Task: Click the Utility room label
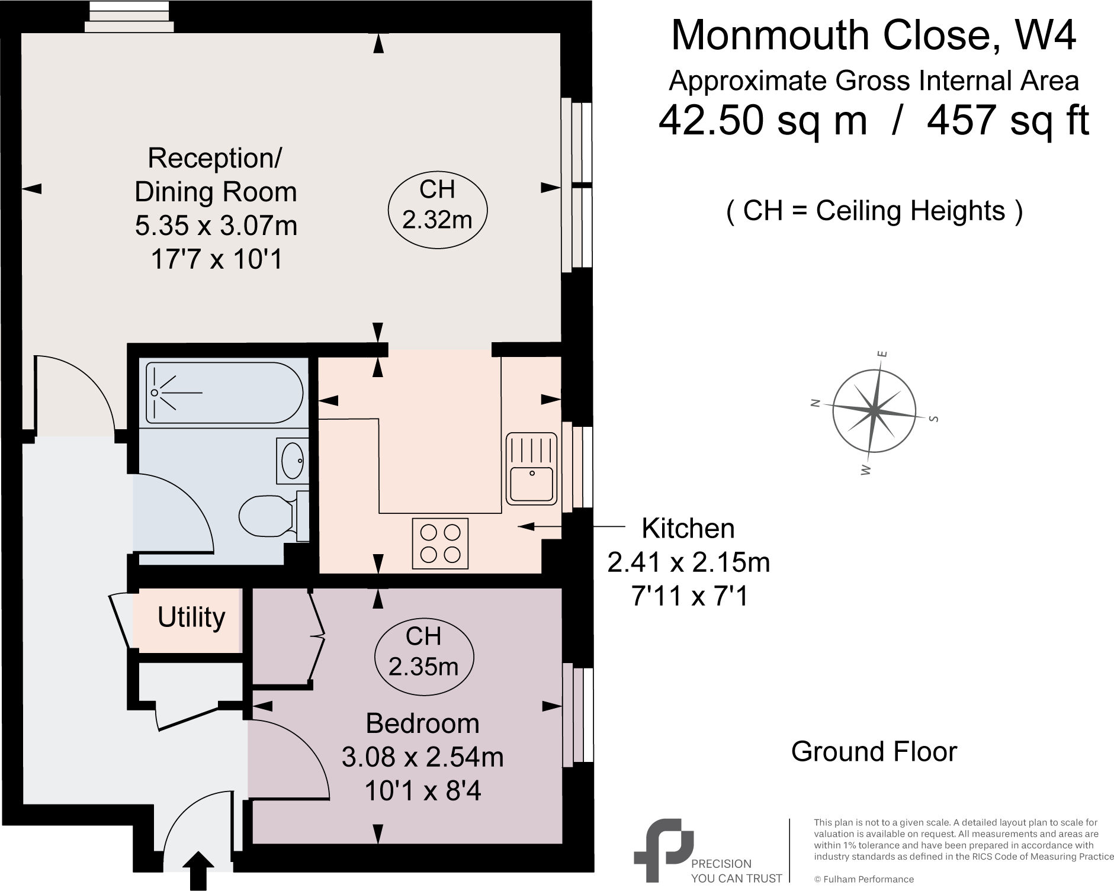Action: click(x=191, y=617)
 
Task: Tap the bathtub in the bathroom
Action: click(x=225, y=393)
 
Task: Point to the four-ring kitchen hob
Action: click(x=439, y=543)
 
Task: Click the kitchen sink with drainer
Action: click(x=531, y=468)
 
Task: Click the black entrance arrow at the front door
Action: click(x=198, y=870)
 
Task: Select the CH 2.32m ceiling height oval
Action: click(x=437, y=205)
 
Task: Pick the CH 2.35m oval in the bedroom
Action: click(x=423, y=652)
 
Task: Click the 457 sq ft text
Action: click(x=1007, y=120)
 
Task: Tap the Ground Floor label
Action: click(x=874, y=752)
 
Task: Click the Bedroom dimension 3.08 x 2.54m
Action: click(x=422, y=757)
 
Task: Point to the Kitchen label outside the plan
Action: click(x=688, y=528)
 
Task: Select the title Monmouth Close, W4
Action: click(x=873, y=36)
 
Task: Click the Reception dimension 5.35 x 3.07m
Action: click(x=216, y=226)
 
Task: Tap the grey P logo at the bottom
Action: click(x=662, y=850)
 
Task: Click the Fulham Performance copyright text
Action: click(x=863, y=879)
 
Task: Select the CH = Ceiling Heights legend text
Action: click(x=874, y=211)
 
